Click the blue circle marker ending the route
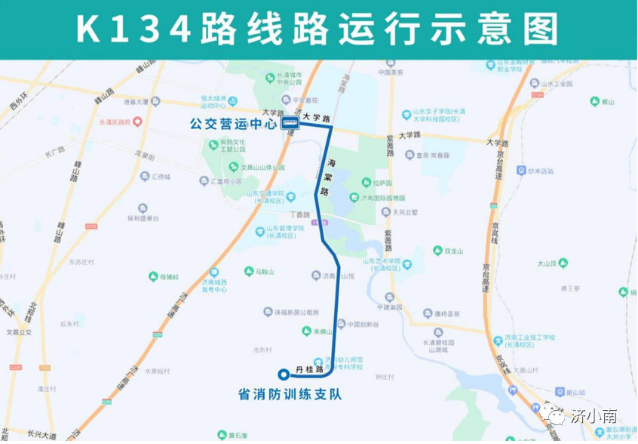coord(284,373)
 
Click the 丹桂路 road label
coord(310,369)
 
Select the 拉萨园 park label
coord(383,183)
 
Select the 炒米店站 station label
coord(541,171)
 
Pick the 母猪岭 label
coord(168,277)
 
